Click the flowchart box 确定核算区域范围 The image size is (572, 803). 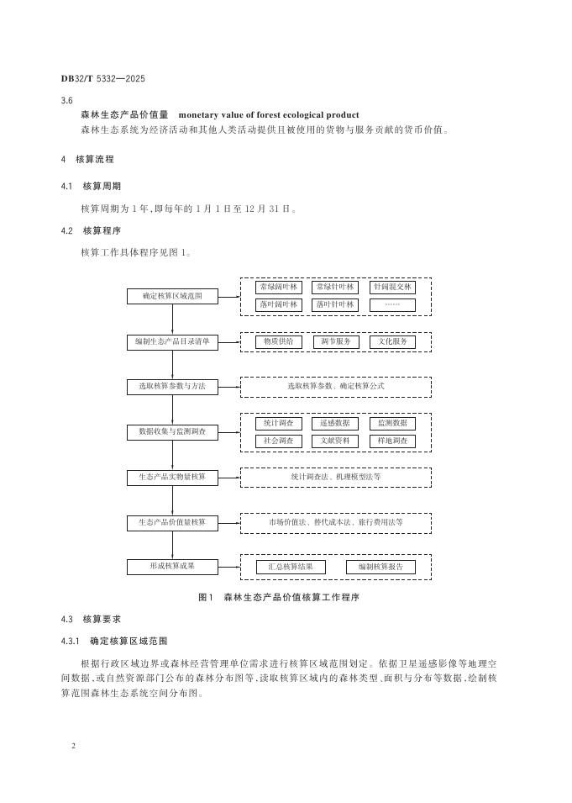(x=172, y=296)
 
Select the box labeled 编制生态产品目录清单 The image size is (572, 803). (x=172, y=341)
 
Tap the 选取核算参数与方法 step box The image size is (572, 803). (x=172, y=387)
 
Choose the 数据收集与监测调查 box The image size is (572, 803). (x=172, y=432)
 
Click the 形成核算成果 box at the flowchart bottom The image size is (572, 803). (x=172, y=567)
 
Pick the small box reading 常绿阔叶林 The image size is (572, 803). (x=279, y=288)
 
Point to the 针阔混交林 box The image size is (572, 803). (x=392, y=288)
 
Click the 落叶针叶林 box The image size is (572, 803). (x=335, y=304)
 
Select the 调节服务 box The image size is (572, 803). (x=335, y=341)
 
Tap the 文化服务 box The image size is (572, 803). (x=392, y=341)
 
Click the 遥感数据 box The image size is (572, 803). (x=335, y=423)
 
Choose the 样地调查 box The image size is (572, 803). (x=392, y=441)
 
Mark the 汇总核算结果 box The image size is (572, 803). (x=291, y=567)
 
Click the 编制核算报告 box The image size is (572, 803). (x=380, y=567)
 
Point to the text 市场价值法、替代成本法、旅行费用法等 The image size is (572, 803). (x=336, y=522)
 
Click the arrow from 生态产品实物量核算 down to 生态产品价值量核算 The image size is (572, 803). (x=172, y=499)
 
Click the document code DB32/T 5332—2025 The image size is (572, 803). (x=103, y=79)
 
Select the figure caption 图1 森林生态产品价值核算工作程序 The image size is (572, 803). (x=278, y=597)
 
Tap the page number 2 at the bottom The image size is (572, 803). (x=75, y=746)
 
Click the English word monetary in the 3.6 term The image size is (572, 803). (x=202, y=115)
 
